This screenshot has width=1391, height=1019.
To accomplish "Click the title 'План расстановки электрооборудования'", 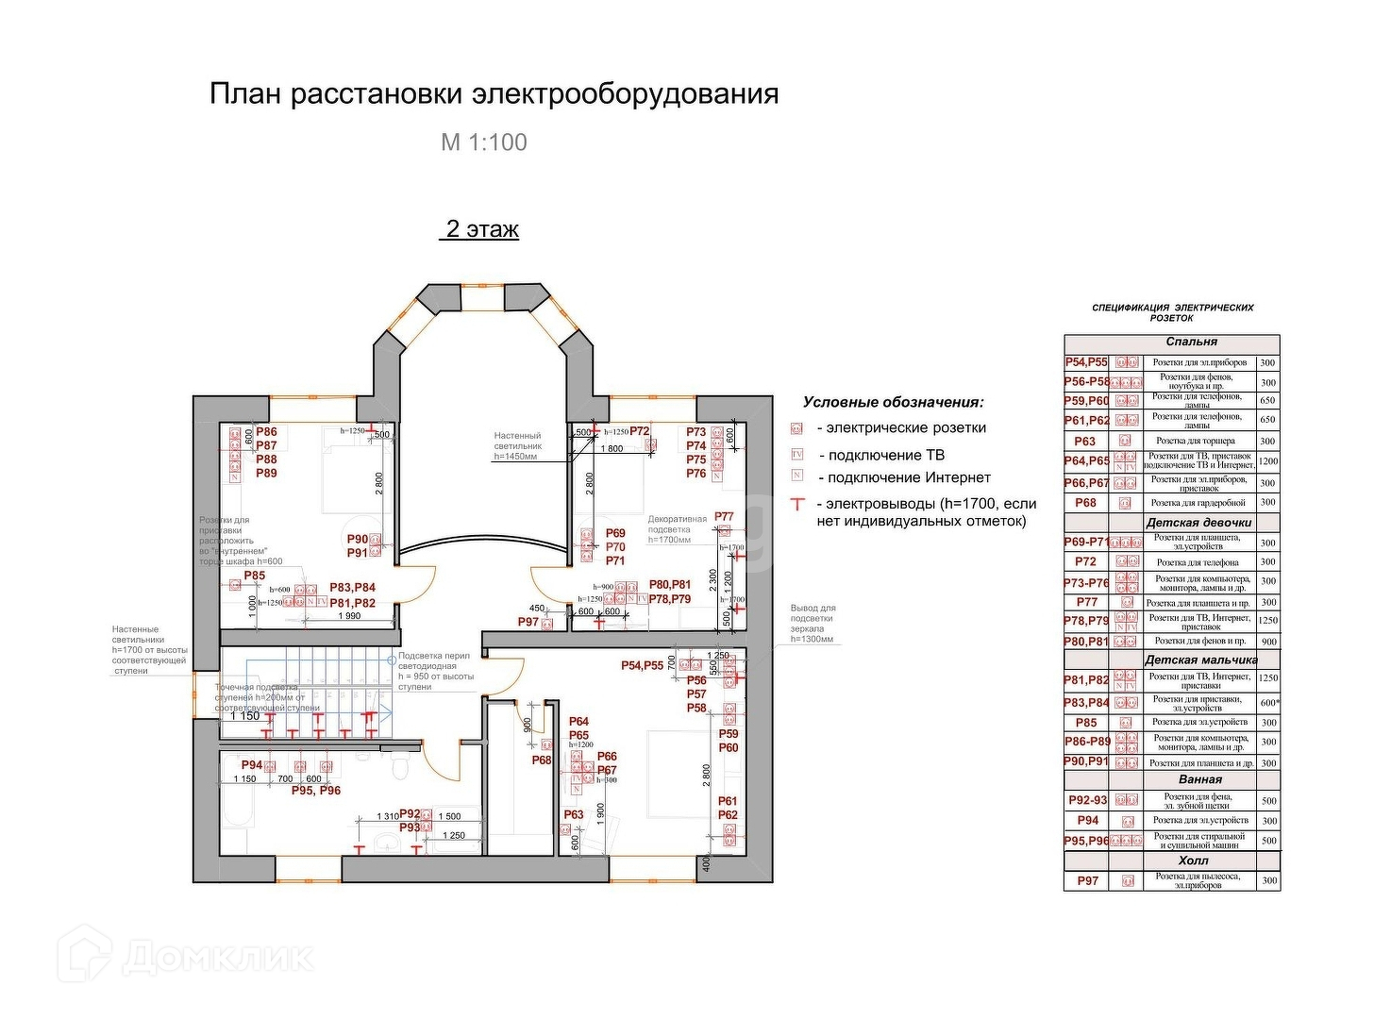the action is (494, 94).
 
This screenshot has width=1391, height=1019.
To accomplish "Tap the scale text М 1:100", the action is (484, 142).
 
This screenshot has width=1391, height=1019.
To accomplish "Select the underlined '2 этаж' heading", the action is (481, 229).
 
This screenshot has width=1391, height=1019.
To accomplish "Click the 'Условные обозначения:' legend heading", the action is (893, 402).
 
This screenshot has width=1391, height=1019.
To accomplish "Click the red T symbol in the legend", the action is (797, 505).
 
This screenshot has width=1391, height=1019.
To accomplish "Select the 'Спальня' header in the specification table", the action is (1191, 342).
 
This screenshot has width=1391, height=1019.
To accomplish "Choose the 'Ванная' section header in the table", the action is (1199, 779).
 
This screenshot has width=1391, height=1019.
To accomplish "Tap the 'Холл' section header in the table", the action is (1193, 860).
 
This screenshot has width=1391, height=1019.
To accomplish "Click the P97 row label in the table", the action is (1087, 880).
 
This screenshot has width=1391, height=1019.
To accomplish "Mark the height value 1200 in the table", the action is (1267, 461).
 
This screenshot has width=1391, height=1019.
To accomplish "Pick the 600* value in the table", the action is (1268, 702).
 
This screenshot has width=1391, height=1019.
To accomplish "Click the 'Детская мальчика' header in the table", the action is (1200, 660).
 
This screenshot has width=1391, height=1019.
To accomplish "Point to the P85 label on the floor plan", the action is (255, 576).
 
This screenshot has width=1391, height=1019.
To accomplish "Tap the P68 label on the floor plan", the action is (541, 760).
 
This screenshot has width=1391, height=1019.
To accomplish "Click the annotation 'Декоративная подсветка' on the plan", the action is (677, 525).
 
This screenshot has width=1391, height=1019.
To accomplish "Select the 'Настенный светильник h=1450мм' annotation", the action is (518, 445).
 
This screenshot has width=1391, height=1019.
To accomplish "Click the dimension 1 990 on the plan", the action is (349, 616).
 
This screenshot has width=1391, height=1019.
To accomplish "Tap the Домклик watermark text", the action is (217, 958).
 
